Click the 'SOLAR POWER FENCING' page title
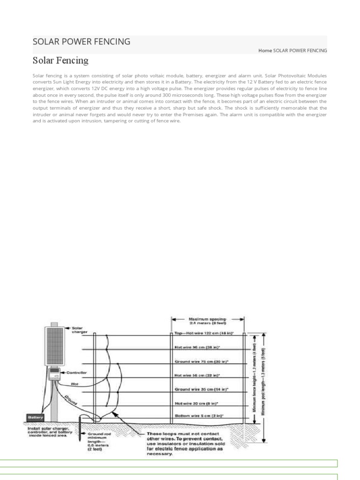point(82,42)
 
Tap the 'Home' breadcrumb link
point(265,51)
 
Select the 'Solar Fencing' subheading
point(60,60)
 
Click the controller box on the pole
point(55,375)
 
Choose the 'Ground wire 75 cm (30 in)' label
point(204,362)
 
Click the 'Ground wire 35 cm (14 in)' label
point(202,389)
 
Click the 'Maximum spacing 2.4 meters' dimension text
point(208,320)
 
